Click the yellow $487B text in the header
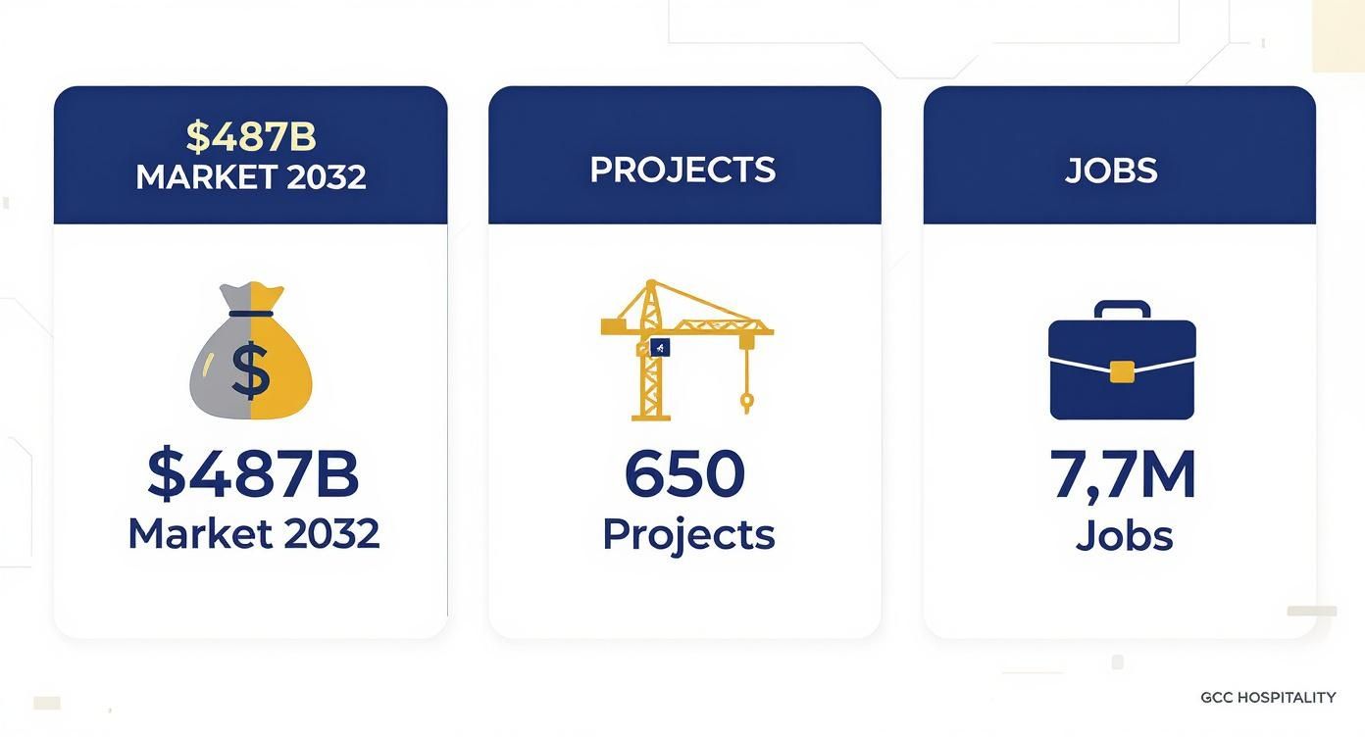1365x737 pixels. (x=251, y=137)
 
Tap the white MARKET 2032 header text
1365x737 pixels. (x=251, y=177)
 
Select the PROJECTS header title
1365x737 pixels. (x=682, y=170)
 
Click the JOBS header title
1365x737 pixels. (x=1111, y=171)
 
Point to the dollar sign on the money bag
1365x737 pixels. (x=251, y=371)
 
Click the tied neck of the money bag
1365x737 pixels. (x=251, y=314)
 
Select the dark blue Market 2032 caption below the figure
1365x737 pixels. (x=253, y=533)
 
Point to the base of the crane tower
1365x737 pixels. (x=650, y=416)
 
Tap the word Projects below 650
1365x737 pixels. (x=688, y=534)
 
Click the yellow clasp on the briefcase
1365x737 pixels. (x=1122, y=370)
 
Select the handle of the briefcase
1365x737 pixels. (x=1122, y=309)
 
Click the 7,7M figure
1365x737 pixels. (x=1123, y=474)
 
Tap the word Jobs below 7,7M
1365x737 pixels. (x=1124, y=535)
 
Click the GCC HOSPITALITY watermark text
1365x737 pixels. (x=1268, y=698)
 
